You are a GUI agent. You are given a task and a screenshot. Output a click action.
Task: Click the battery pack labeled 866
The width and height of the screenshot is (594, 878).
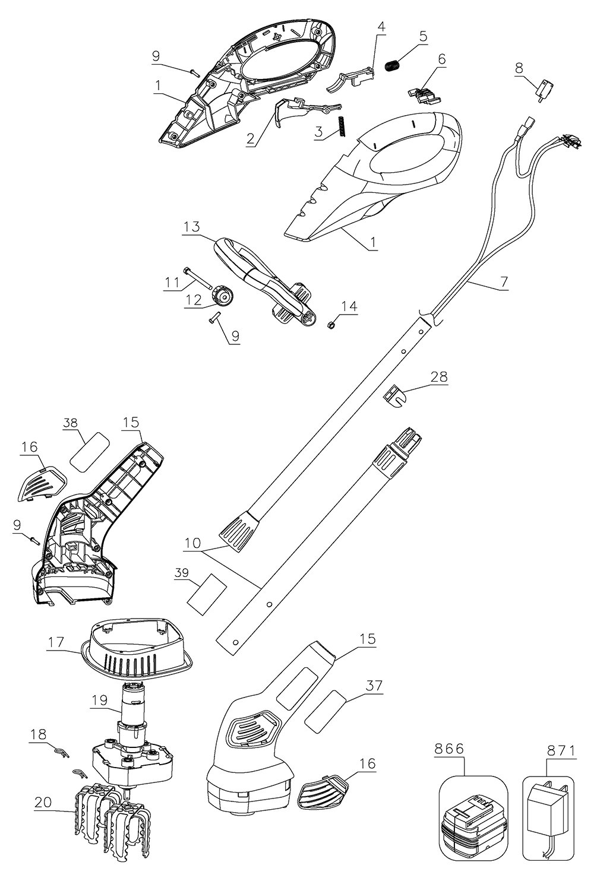(x=473, y=819)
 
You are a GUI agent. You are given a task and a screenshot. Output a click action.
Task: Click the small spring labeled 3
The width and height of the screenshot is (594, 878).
(x=343, y=126)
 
